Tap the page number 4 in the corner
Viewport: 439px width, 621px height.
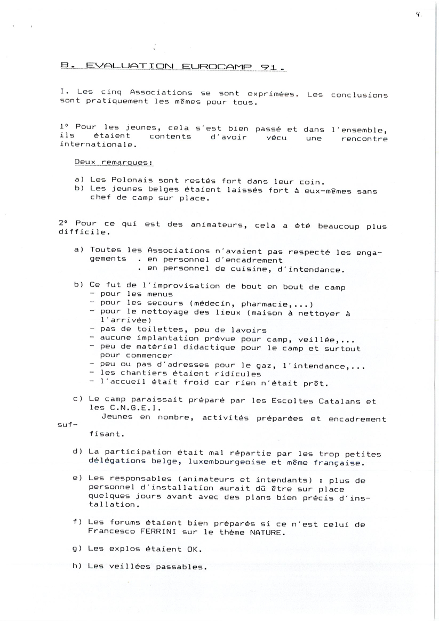pyautogui.click(x=418, y=15)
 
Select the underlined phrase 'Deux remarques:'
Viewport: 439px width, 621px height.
pyautogui.click(x=114, y=162)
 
